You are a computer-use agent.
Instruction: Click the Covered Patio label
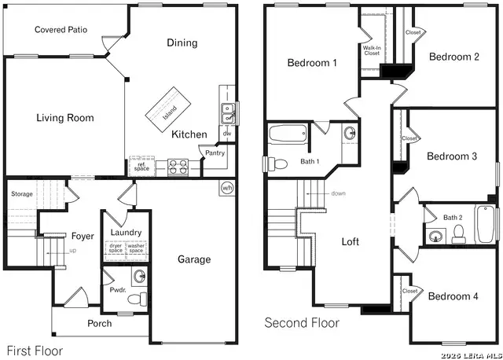tap(61, 30)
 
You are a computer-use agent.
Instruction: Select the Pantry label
tap(215, 153)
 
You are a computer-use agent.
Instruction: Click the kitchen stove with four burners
tap(177, 166)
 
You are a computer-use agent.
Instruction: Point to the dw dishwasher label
tap(226, 134)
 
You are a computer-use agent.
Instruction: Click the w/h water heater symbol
tap(227, 188)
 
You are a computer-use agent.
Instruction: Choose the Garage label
tap(193, 259)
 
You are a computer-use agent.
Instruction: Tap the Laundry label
tap(126, 233)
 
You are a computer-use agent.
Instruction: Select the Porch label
tap(99, 323)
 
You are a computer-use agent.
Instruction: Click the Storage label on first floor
tap(22, 193)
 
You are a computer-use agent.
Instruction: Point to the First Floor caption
tap(35, 351)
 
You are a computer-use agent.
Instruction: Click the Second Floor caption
tap(302, 322)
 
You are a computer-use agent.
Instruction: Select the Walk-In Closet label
tap(372, 50)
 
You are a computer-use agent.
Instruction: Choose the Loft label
tap(351, 241)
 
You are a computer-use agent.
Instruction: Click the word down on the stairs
tap(339, 193)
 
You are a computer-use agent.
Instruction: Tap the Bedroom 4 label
tap(453, 296)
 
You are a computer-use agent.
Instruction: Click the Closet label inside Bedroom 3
tap(409, 138)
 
